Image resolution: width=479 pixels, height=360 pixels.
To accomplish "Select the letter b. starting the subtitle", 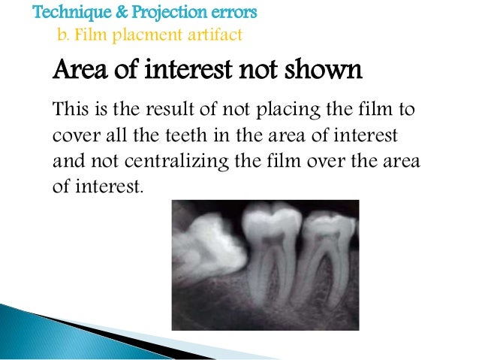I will pos(63,35).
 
